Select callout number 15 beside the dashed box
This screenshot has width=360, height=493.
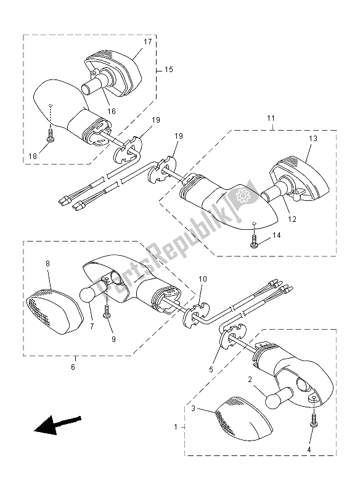(168, 70)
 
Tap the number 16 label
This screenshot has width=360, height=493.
(112, 111)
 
